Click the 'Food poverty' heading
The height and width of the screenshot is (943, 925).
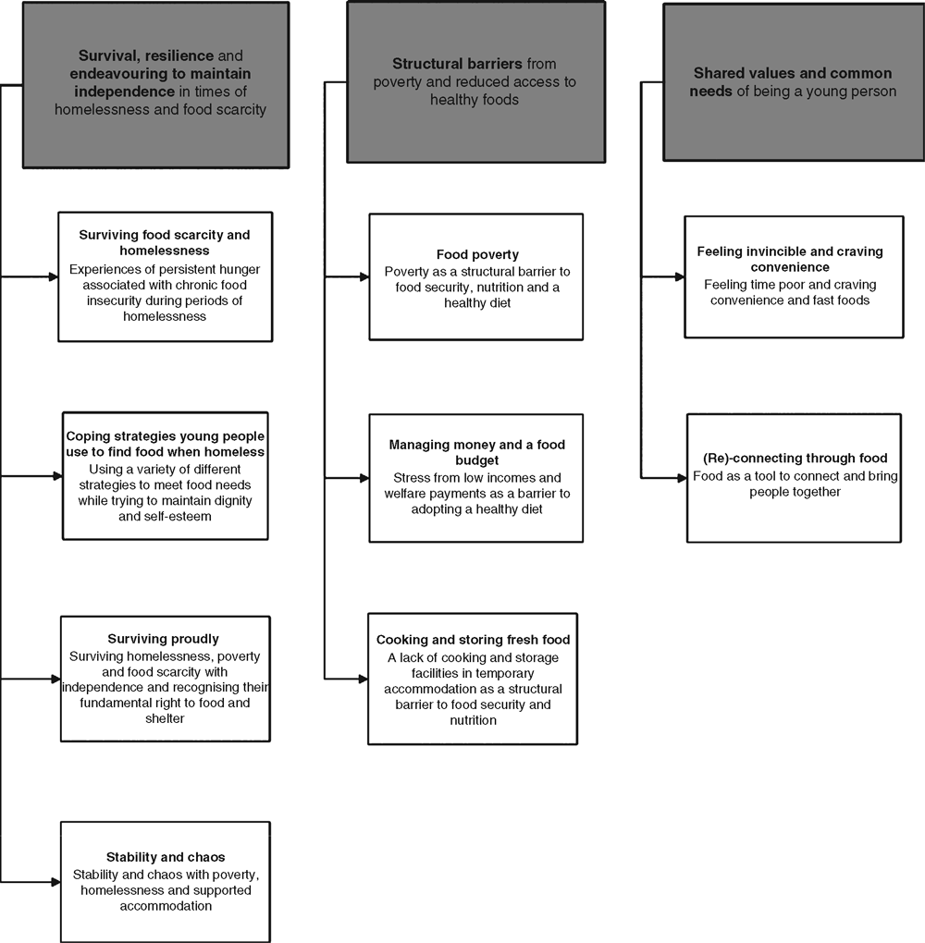point(477,254)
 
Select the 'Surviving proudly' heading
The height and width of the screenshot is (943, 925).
point(163,639)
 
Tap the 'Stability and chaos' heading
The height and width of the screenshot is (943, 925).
point(166,857)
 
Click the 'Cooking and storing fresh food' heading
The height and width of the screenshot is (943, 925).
point(473,640)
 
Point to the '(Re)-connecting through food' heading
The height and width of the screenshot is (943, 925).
point(795,459)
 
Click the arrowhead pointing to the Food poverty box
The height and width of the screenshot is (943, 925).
point(364,277)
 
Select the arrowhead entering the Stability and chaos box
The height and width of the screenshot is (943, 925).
point(56,882)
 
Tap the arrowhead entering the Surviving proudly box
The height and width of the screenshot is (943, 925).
point(56,679)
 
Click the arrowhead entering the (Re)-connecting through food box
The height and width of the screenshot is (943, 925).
point(682,478)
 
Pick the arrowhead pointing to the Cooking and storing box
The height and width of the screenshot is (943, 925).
point(364,679)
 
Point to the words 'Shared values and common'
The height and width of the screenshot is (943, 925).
point(793,73)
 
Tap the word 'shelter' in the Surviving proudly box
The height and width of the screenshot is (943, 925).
point(165,718)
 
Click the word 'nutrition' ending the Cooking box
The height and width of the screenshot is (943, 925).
point(473,720)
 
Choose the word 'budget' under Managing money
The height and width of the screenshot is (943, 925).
point(476,460)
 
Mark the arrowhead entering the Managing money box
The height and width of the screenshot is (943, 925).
point(364,478)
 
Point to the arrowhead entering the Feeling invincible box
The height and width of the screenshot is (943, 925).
point(680,277)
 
